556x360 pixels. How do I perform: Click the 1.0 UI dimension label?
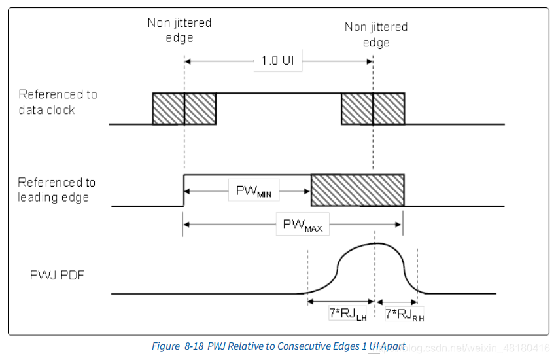pyautogui.click(x=278, y=61)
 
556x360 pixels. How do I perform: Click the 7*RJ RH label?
pyautogui.click(x=404, y=314)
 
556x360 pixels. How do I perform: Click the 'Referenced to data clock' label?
pyautogui.click(x=58, y=102)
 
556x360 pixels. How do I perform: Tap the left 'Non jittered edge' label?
pyautogui.click(x=179, y=30)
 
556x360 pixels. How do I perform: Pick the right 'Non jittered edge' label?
pyautogui.click(x=376, y=34)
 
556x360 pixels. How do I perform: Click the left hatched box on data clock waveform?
pyautogui.click(x=184, y=108)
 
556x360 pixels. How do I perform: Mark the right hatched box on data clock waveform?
pyautogui.click(x=373, y=108)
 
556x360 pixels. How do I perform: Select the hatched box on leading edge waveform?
pyautogui.click(x=357, y=190)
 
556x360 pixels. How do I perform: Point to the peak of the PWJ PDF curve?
pyautogui.click(x=375, y=243)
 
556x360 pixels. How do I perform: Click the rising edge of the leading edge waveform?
pyautogui.click(x=184, y=190)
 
